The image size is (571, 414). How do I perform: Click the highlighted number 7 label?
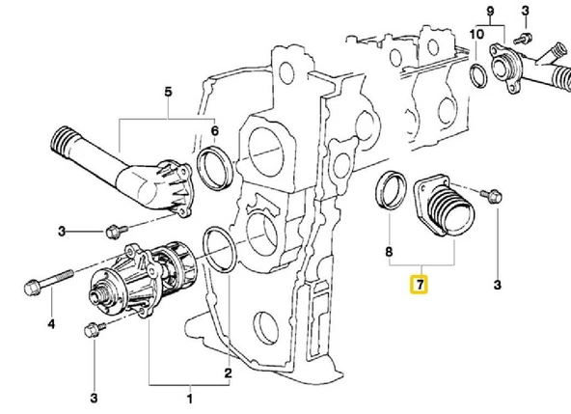(x=418, y=285)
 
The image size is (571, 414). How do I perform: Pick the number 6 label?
(x=214, y=131)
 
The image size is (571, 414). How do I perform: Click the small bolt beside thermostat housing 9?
(x=523, y=38)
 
